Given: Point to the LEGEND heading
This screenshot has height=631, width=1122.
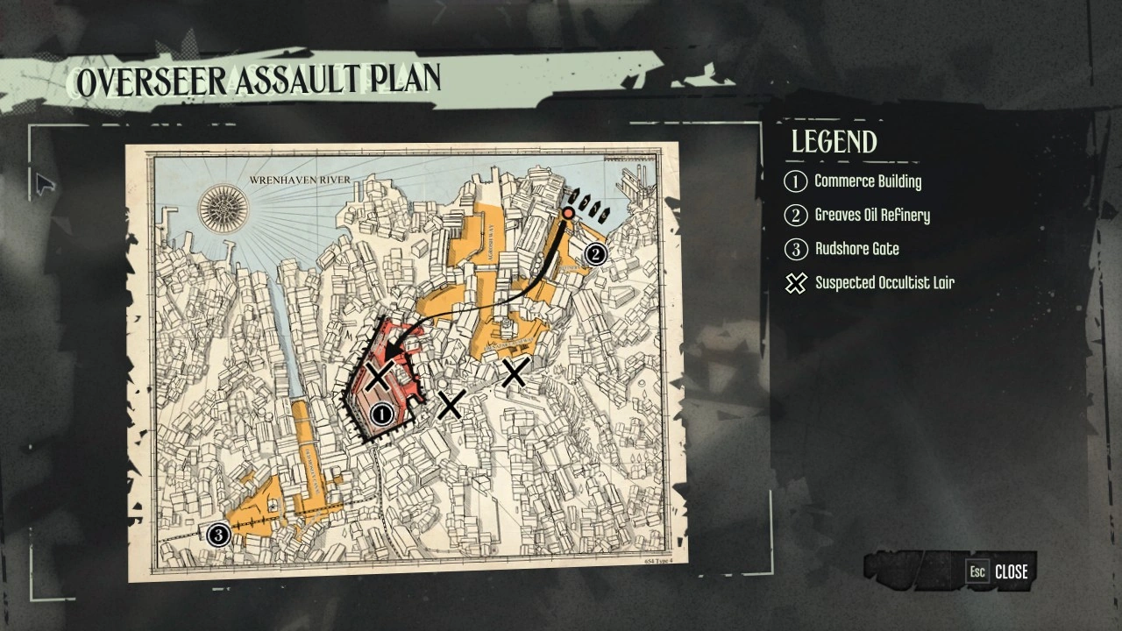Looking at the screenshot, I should (834, 142).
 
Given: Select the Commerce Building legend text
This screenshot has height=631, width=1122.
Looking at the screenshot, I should (868, 181).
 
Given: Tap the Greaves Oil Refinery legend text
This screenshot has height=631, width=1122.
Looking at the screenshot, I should (872, 215).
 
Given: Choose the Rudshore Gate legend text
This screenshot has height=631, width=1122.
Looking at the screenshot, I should (857, 249).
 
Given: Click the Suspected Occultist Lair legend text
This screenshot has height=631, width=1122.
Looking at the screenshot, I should (884, 282).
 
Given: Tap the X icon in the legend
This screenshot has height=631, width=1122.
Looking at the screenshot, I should (795, 283).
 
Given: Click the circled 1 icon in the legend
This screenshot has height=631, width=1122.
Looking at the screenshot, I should (795, 182).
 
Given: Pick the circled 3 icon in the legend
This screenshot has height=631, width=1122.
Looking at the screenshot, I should (795, 250).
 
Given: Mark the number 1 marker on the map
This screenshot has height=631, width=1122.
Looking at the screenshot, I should (381, 414).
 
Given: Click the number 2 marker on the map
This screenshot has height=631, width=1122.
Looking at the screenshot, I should (595, 254).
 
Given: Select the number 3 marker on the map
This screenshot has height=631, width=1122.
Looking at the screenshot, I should (218, 534).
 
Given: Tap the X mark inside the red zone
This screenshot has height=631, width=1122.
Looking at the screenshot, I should (379, 378).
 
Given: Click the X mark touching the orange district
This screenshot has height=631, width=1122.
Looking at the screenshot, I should (515, 372).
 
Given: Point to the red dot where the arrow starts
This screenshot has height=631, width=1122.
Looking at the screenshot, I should (568, 213).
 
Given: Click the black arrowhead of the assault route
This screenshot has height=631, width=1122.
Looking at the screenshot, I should (391, 354).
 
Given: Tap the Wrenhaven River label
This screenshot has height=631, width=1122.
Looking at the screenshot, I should (300, 180).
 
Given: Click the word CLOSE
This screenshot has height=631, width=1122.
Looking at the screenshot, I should (1011, 571).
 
